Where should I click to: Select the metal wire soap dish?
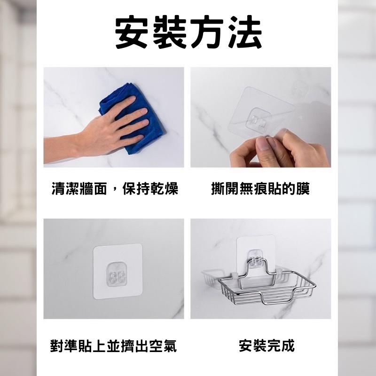click(259, 289)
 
